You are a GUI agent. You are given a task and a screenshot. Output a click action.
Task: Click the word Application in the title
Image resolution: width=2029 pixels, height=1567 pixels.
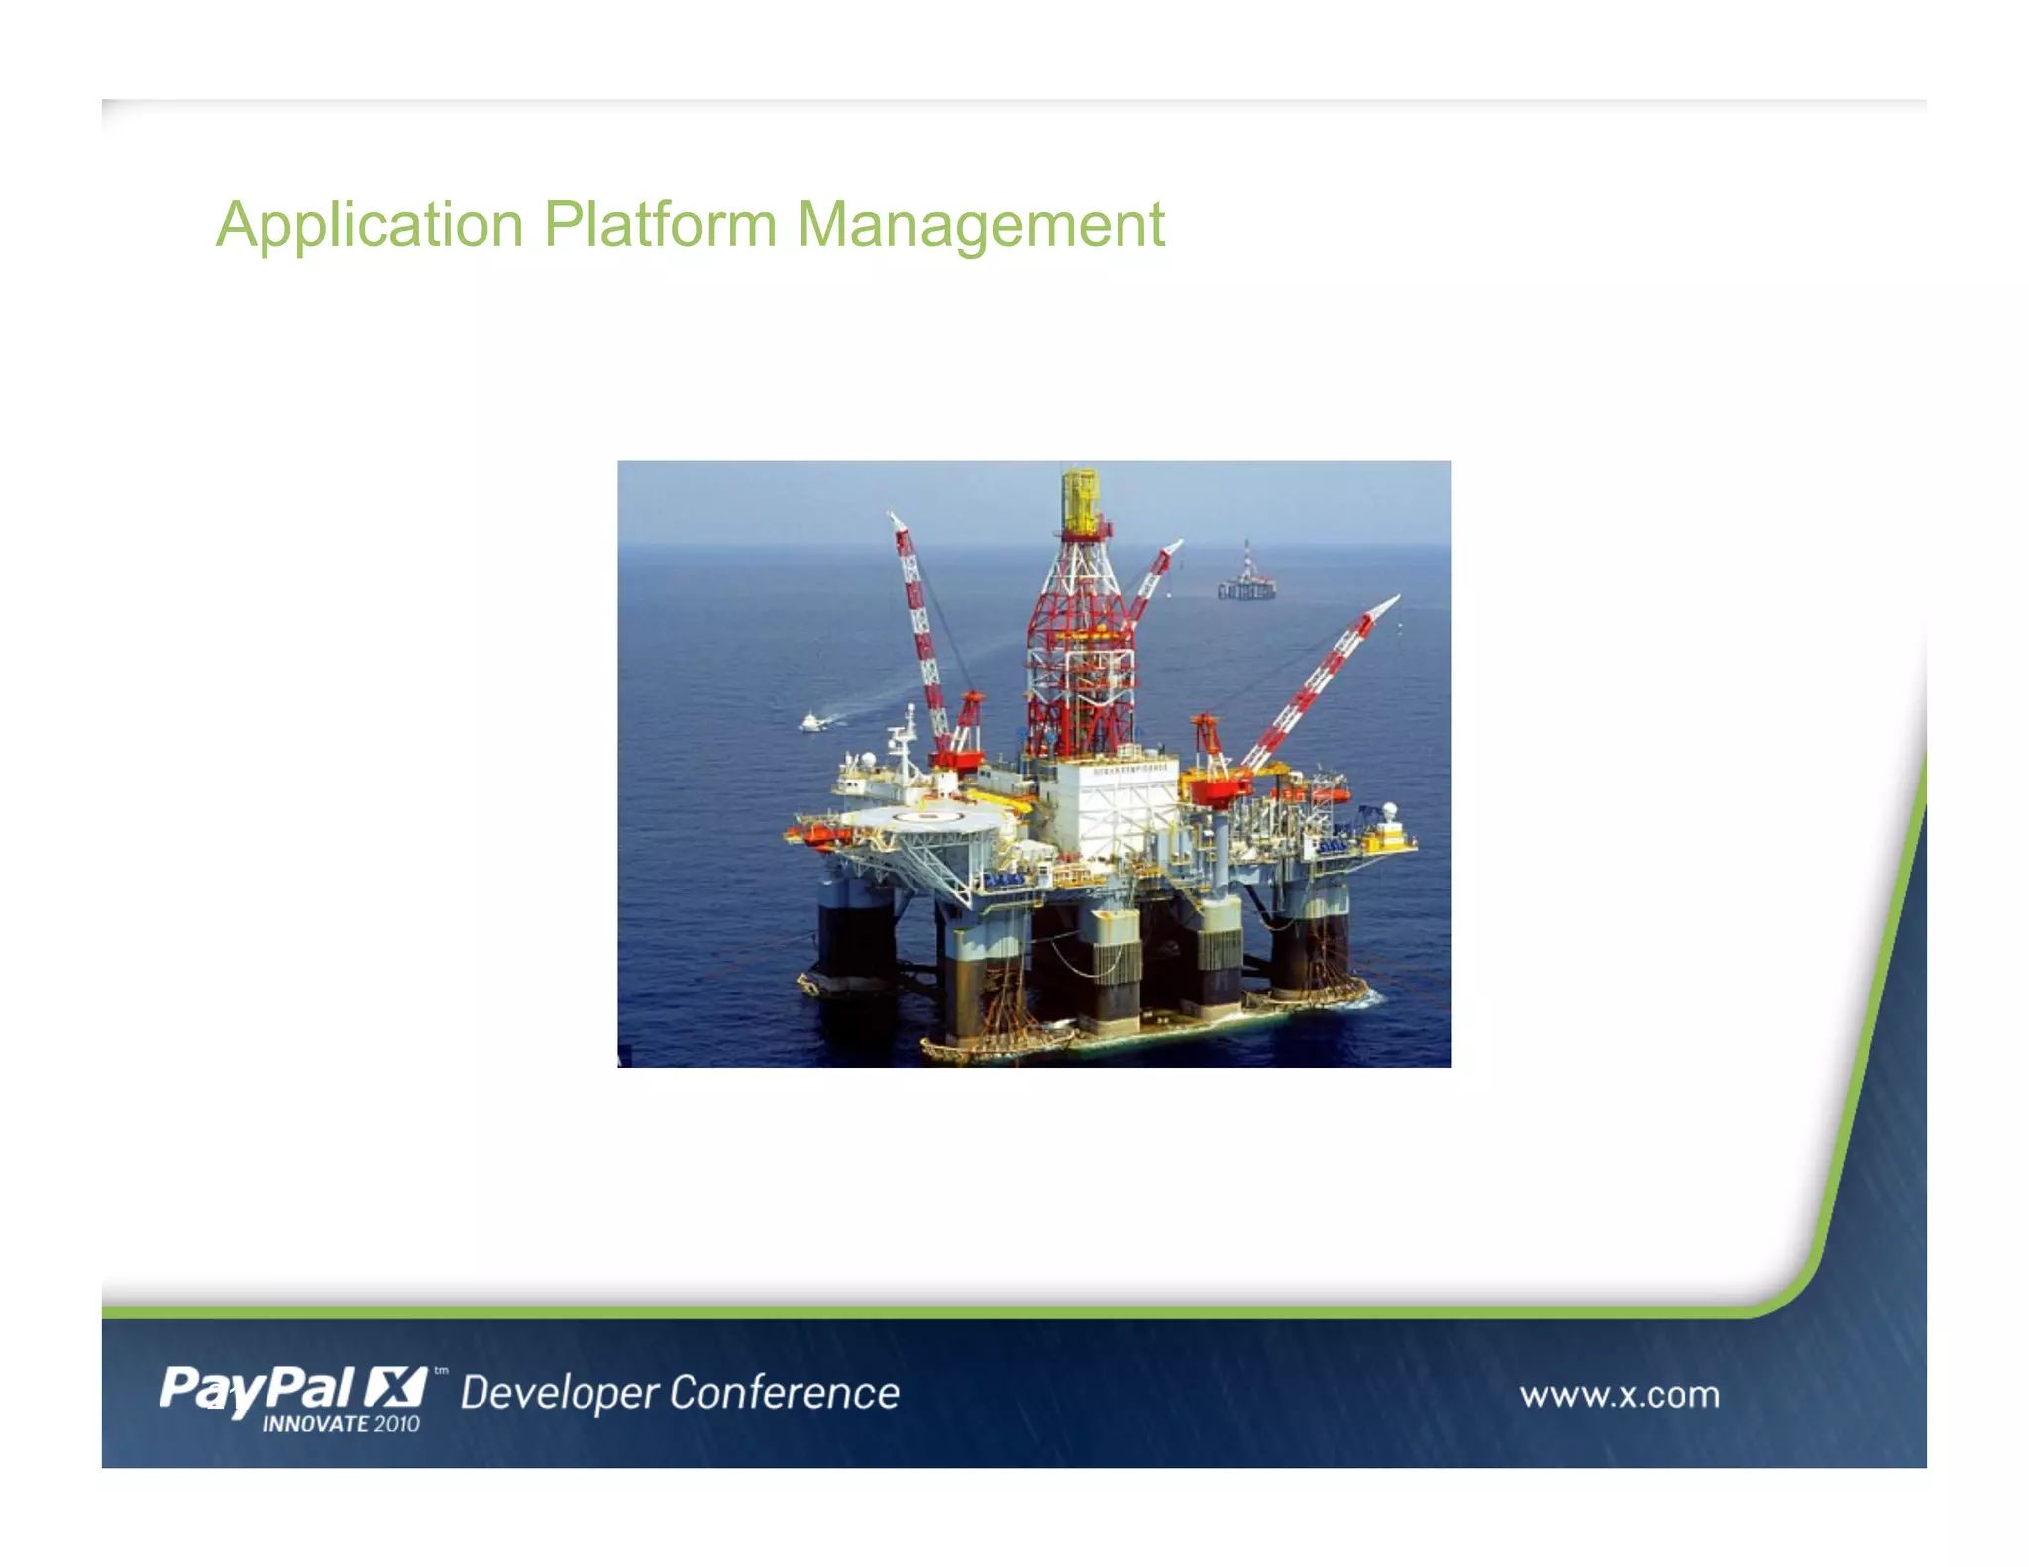370,225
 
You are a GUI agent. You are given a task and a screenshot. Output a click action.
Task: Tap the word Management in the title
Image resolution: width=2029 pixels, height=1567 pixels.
981,225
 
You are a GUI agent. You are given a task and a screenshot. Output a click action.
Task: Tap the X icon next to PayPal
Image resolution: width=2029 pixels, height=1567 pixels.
394,1386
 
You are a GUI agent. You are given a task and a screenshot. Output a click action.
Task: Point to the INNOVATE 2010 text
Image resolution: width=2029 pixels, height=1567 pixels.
340,1424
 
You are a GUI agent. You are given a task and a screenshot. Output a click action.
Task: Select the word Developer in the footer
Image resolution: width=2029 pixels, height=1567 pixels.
559,1393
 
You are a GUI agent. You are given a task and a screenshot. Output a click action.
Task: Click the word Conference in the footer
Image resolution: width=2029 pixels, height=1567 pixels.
785,1392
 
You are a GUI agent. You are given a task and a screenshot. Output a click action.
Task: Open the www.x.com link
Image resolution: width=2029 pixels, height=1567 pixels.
1619,1394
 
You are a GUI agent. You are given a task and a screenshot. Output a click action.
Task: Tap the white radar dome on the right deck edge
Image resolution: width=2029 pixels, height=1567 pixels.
1390,811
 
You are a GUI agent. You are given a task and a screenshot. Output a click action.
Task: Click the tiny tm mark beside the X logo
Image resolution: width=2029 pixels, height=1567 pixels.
441,1371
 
